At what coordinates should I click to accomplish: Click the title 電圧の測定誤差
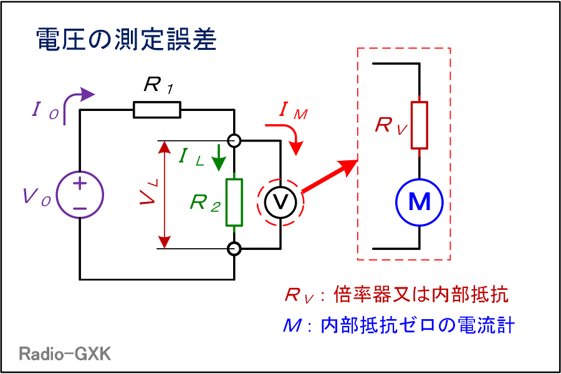click(x=127, y=39)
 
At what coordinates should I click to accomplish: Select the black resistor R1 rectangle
click(x=157, y=110)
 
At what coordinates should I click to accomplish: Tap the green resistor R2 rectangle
click(x=234, y=202)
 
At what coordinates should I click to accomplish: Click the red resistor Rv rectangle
click(x=420, y=125)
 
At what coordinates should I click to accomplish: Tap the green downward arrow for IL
click(x=219, y=158)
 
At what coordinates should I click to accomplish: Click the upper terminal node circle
click(x=234, y=141)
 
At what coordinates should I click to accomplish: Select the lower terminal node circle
click(x=234, y=248)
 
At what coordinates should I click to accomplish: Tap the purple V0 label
click(x=37, y=196)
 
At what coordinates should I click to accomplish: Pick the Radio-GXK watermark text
click(x=65, y=353)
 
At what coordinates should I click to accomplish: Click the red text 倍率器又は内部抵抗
click(x=421, y=295)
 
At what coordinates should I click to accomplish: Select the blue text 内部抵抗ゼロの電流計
click(x=417, y=325)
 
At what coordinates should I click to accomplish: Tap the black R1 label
click(x=159, y=85)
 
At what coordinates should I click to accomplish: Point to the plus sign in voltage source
click(x=80, y=184)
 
